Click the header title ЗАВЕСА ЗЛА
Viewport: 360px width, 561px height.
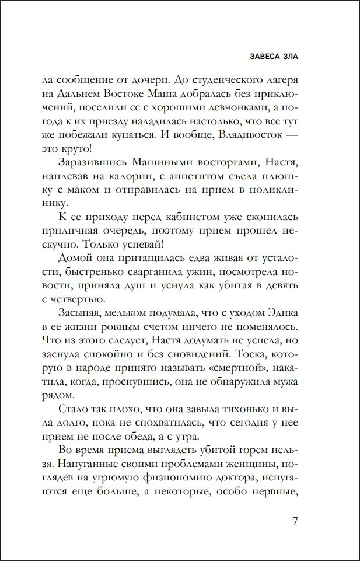pyautogui.click(x=274, y=57)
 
